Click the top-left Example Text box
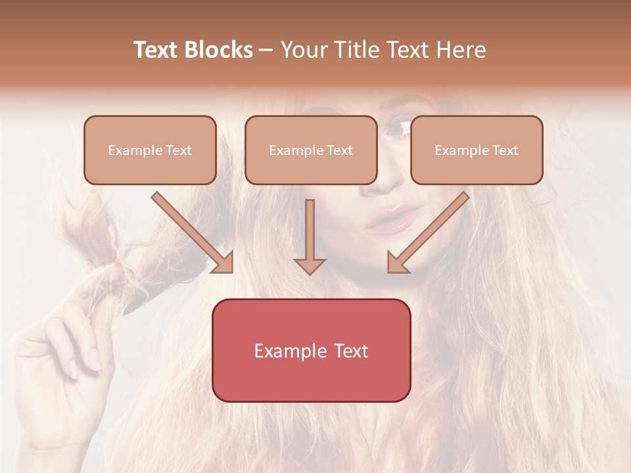tap(150, 150)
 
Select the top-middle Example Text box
tap(311, 150)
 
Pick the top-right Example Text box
tap(477, 150)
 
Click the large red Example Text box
tap(311, 350)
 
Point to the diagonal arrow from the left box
tap(193, 233)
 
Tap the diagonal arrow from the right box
tap(428, 233)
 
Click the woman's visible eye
tap(397, 127)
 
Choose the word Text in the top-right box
tap(505, 150)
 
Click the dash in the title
tap(266, 50)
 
